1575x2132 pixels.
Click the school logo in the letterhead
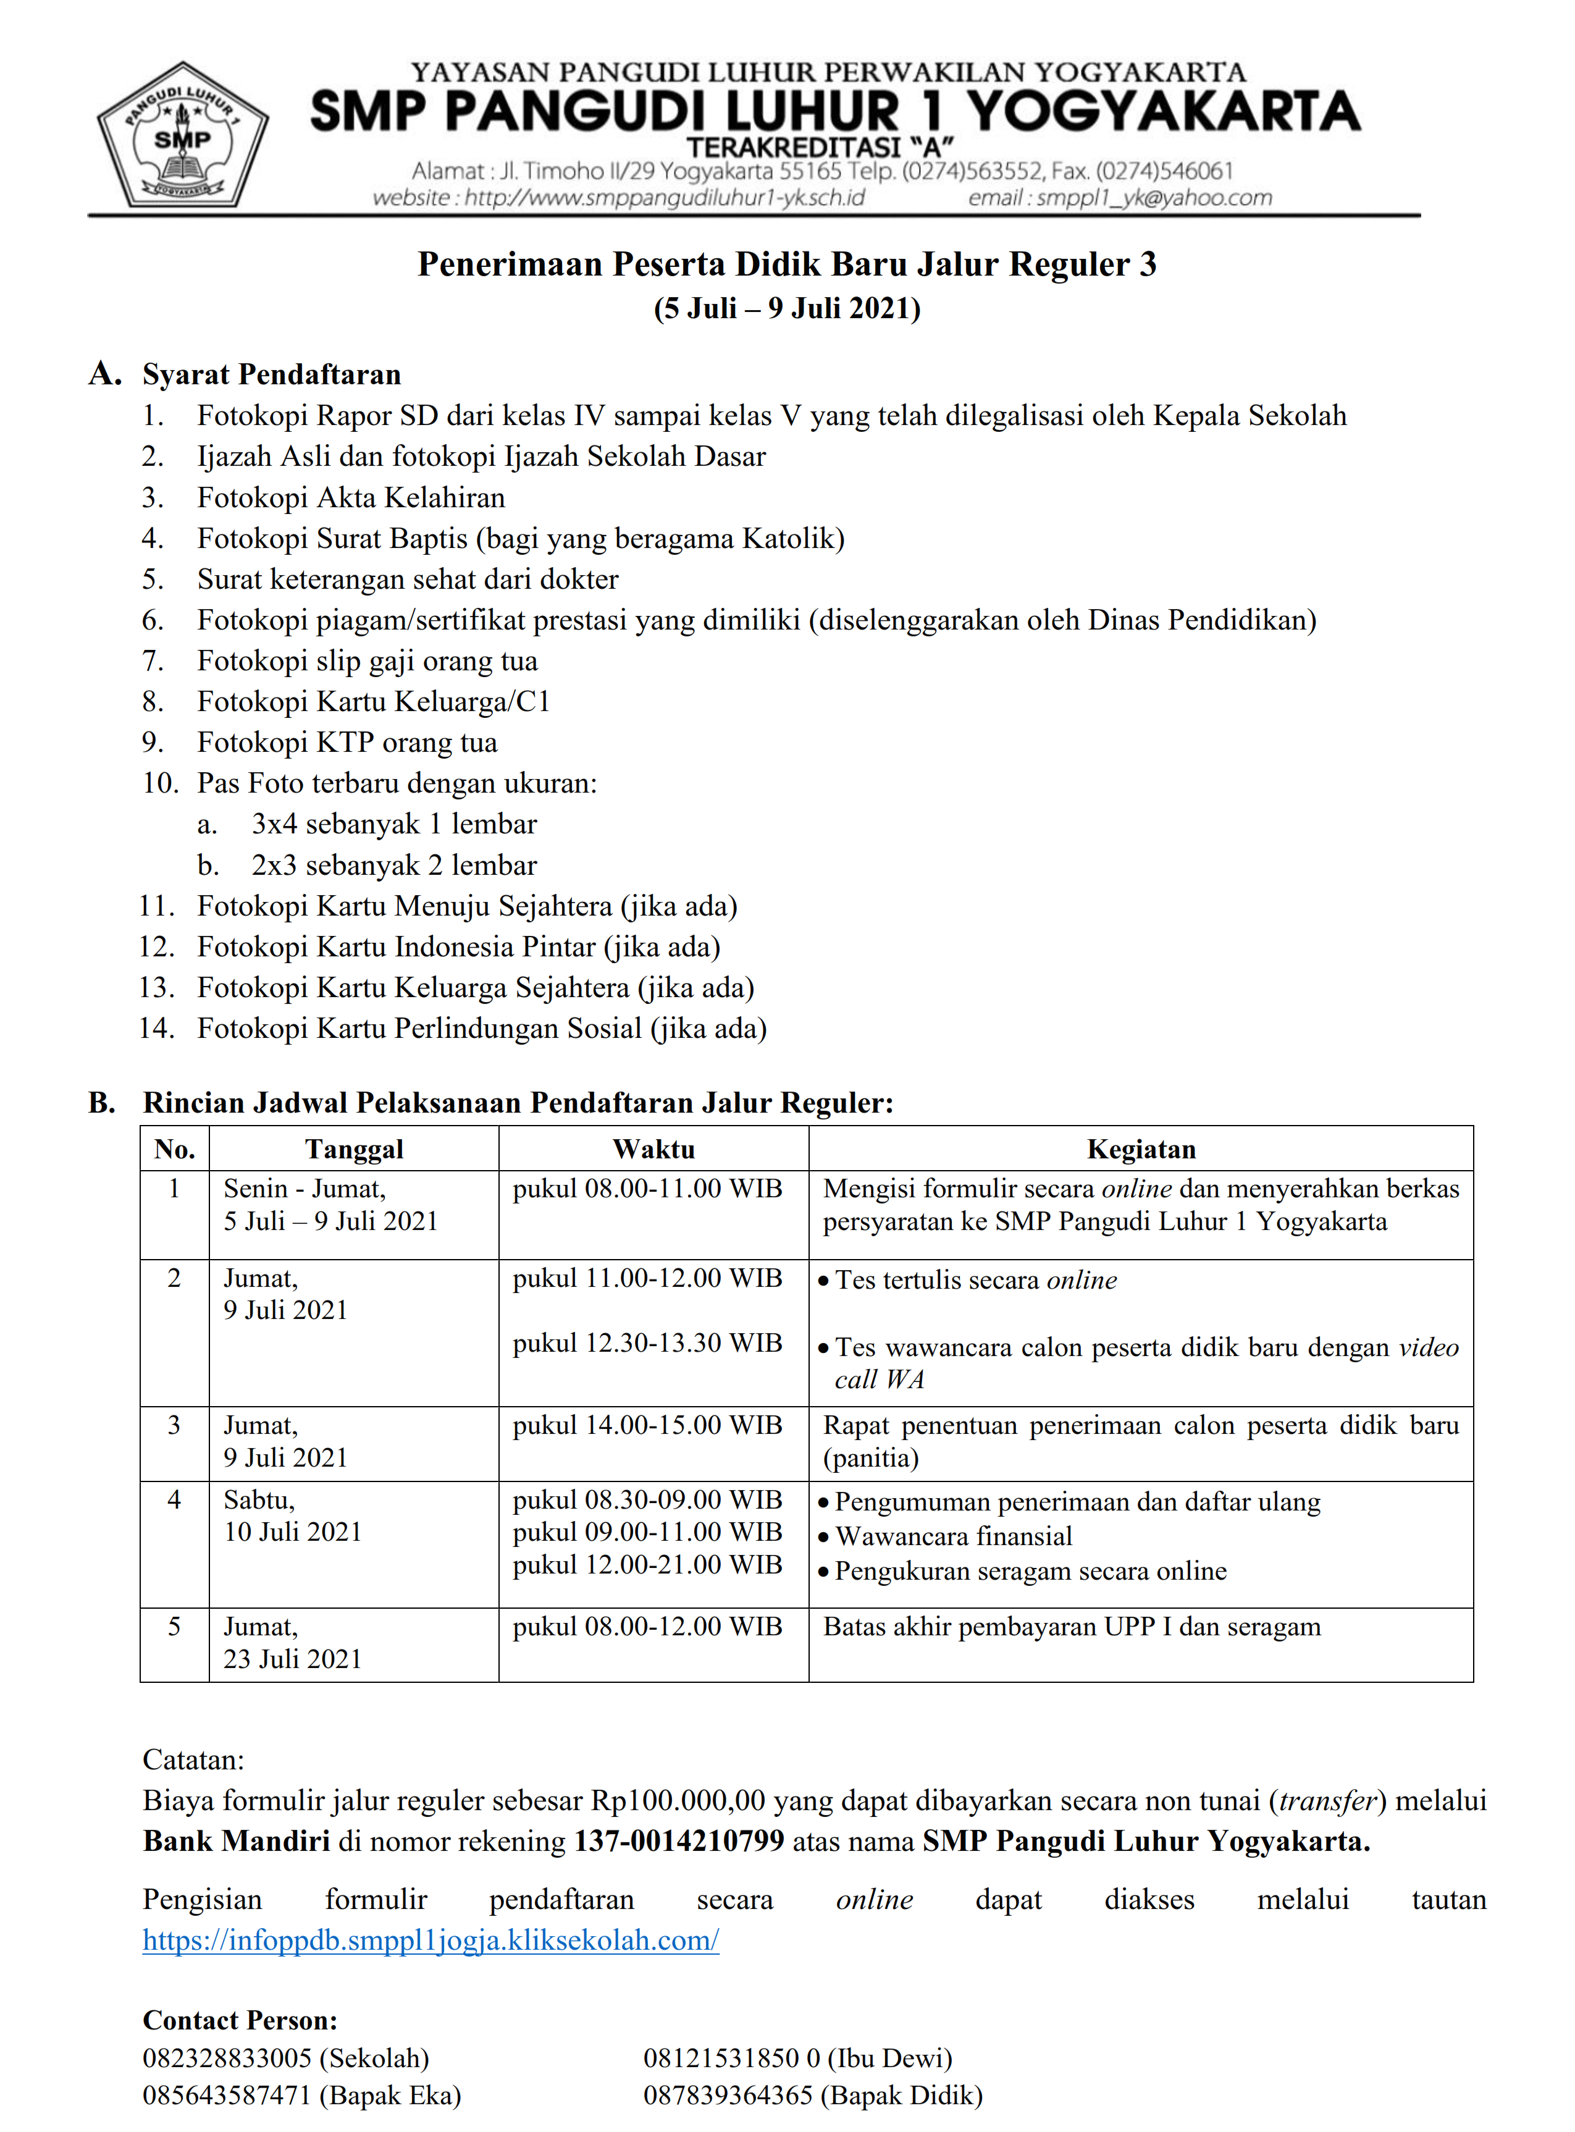182,137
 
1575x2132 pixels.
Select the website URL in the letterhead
619,197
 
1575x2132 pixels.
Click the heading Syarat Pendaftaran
272,375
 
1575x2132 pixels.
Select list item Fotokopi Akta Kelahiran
351,498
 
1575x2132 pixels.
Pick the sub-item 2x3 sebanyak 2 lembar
394,865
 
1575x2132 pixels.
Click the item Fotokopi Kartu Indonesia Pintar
458,947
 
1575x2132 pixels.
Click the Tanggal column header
354,1149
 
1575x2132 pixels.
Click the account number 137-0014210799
679,1840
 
